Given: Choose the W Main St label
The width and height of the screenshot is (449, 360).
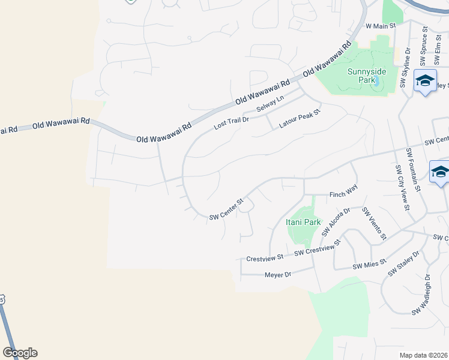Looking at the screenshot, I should (381, 26).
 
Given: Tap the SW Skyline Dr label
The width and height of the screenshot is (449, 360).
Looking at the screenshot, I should (406, 68).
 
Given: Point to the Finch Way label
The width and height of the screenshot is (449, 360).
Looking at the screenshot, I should (343, 194).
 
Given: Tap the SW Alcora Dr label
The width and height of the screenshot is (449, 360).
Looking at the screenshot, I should (336, 222).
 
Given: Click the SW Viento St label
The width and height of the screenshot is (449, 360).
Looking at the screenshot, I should (373, 224).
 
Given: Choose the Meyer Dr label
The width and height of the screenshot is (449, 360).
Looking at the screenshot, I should (277, 275).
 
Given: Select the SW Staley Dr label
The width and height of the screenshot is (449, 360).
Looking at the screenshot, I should (402, 263).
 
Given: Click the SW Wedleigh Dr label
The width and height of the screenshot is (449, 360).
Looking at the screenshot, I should (421, 295).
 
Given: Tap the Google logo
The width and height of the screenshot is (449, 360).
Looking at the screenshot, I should (20, 353).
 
